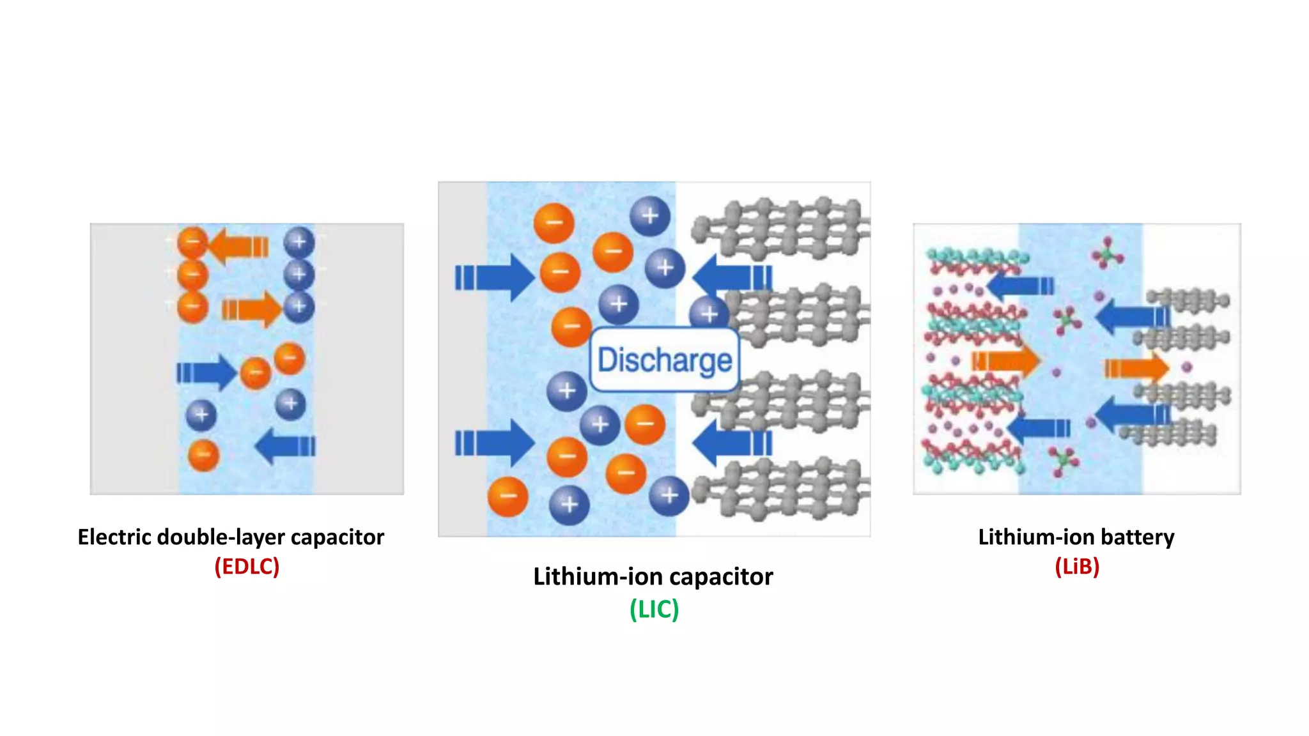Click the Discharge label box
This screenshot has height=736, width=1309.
coord(665,360)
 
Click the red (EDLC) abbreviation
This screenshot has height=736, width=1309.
coord(247,566)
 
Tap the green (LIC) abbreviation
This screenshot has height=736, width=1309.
coord(654,609)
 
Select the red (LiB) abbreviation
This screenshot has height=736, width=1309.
coord(1077,566)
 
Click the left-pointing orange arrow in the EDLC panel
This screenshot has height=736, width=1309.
coord(238,246)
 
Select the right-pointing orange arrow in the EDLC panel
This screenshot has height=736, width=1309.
coord(252,310)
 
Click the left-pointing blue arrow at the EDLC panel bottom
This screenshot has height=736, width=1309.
coord(285,446)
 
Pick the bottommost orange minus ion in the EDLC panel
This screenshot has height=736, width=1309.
coord(203,456)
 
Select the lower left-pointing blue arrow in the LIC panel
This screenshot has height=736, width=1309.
coord(732,443)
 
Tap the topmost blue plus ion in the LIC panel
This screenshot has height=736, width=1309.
coord(649,216)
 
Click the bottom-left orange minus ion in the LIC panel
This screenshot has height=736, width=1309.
coord(507,496)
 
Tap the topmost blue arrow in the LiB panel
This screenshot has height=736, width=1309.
coord(1019,286)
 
